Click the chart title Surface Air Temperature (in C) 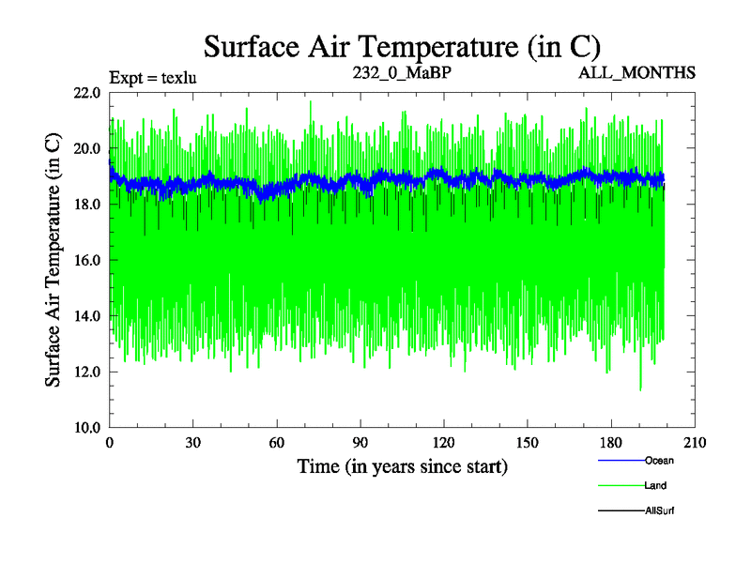(402, 45)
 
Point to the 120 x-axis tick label (444, 444)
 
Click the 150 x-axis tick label (528, 444)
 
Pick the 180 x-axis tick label (611, 444)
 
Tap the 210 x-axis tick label (695, 444)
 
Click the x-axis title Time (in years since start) (402, 466)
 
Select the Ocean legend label (659, 461)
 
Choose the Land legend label (656, 486)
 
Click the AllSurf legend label (660, 511)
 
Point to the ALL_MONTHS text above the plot (636, 72)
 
